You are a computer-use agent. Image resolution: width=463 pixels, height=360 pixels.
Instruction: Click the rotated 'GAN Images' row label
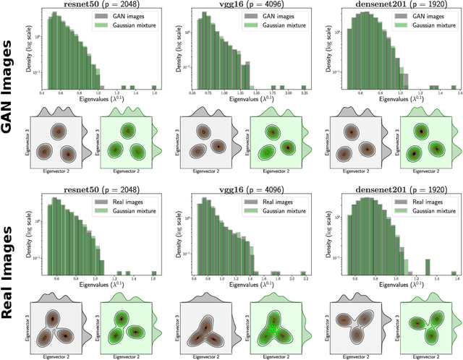(10, 87)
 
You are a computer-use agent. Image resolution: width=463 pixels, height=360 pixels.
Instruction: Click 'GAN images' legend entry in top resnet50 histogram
(134, 16)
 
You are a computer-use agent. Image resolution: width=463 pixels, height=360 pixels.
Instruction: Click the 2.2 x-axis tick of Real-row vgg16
(305, 278)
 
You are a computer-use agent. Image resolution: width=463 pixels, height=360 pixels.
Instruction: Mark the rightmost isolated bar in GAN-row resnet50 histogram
(154, 87)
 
